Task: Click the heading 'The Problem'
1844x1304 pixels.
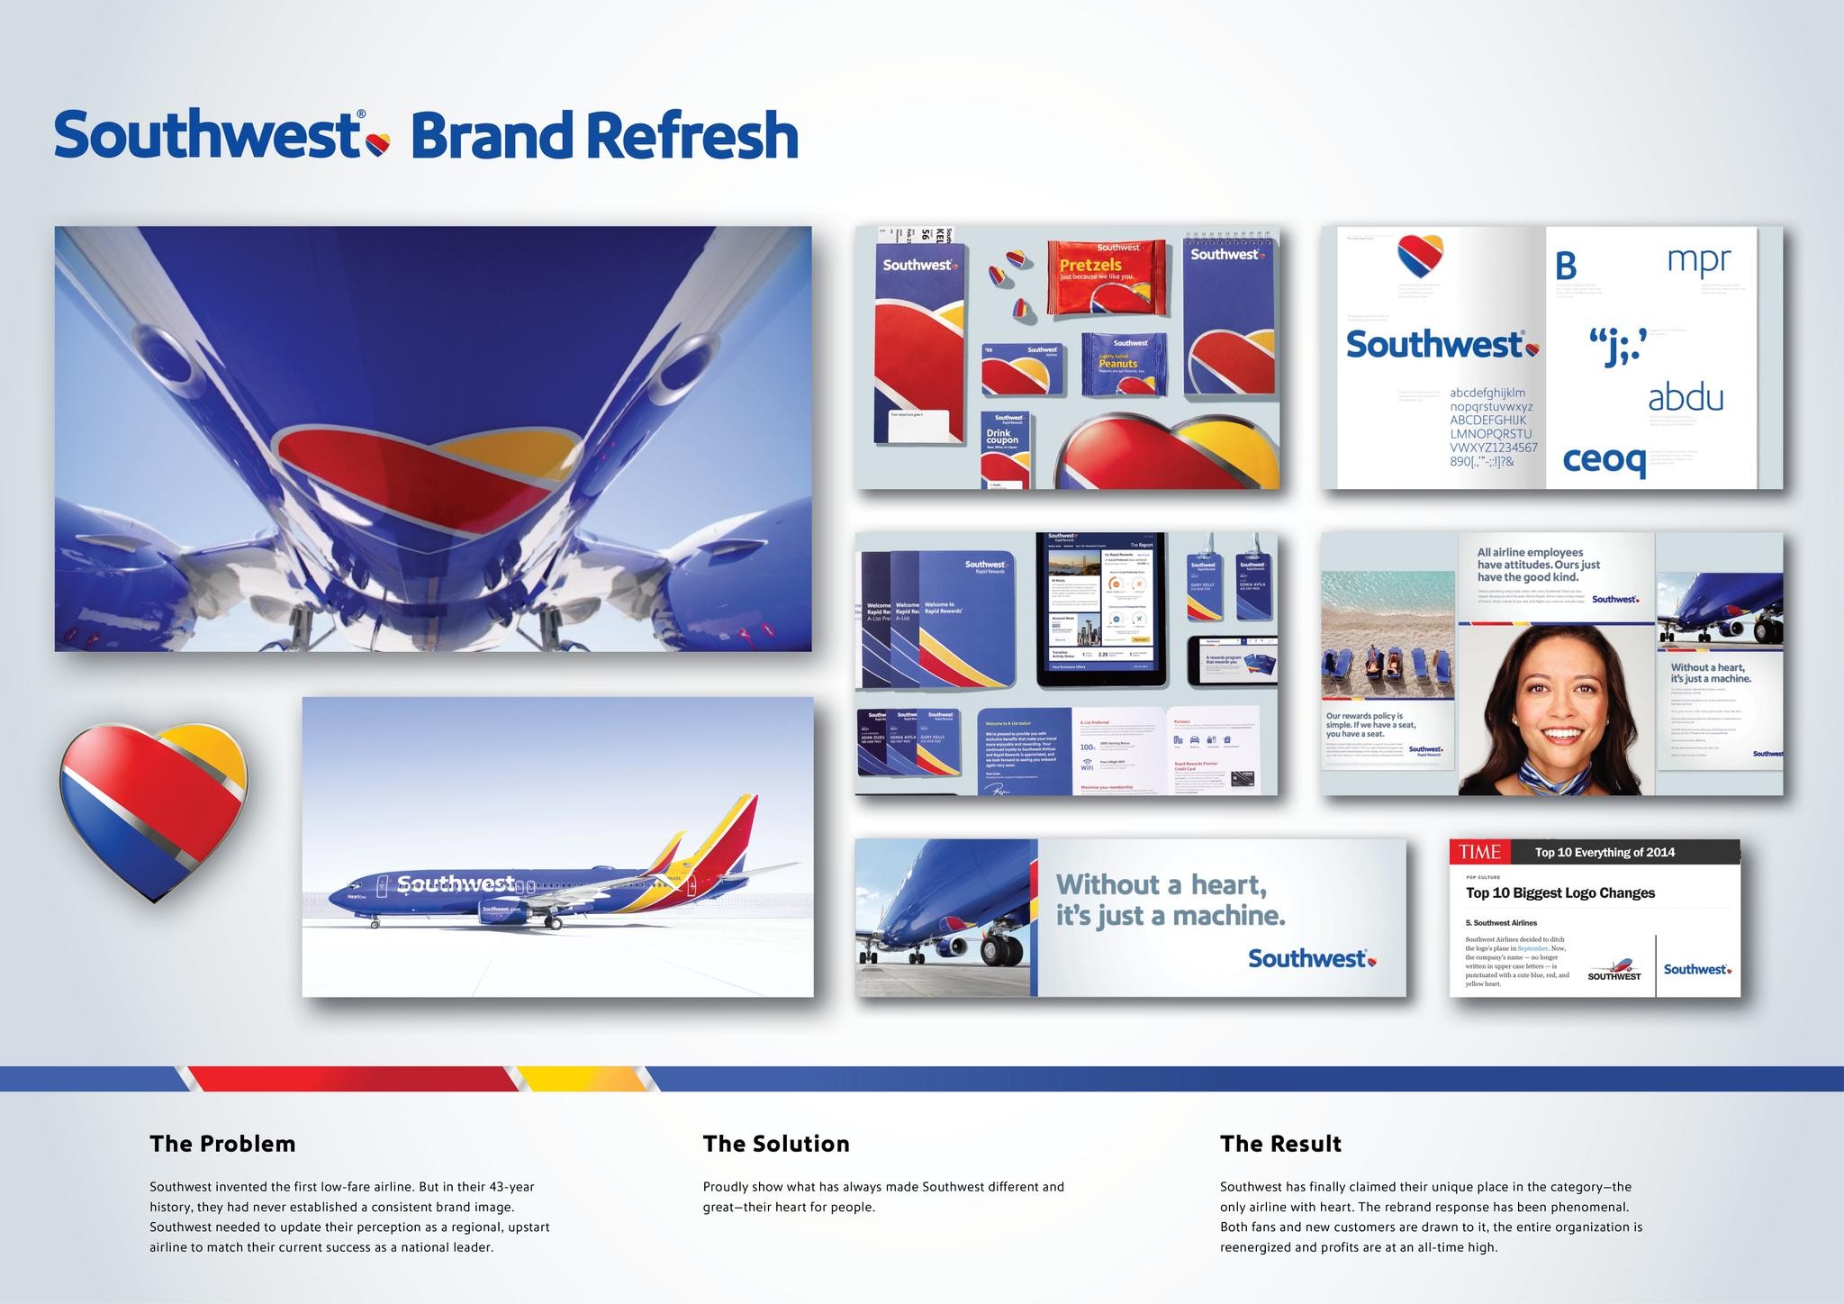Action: (x=222, y=1144)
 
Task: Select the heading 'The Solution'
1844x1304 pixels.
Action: (x=776, y=1144)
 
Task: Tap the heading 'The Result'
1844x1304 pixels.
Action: (x=1280, y=1144)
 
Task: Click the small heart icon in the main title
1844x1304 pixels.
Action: (x=379, y=142)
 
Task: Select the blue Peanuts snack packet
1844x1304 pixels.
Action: (x=1123, y=364)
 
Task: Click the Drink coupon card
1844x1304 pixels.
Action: (x=1004, y=448)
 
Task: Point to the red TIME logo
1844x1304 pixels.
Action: (x=1479, y=852)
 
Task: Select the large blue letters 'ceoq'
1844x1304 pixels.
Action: (x=1604, y=459)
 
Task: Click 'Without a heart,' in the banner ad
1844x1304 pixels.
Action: (x=1161, y=885)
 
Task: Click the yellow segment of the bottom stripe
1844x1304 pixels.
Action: (x=576, y=1078)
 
